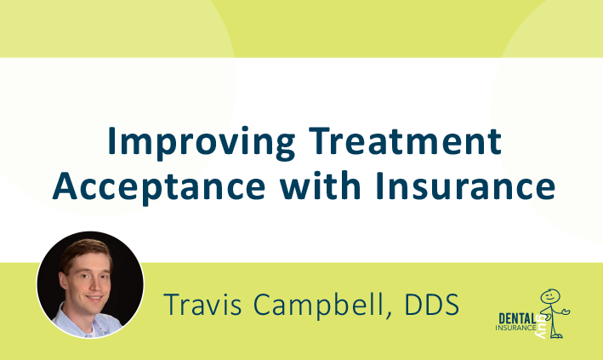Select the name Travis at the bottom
tap(201, 304)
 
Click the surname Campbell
tap(316, 305)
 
